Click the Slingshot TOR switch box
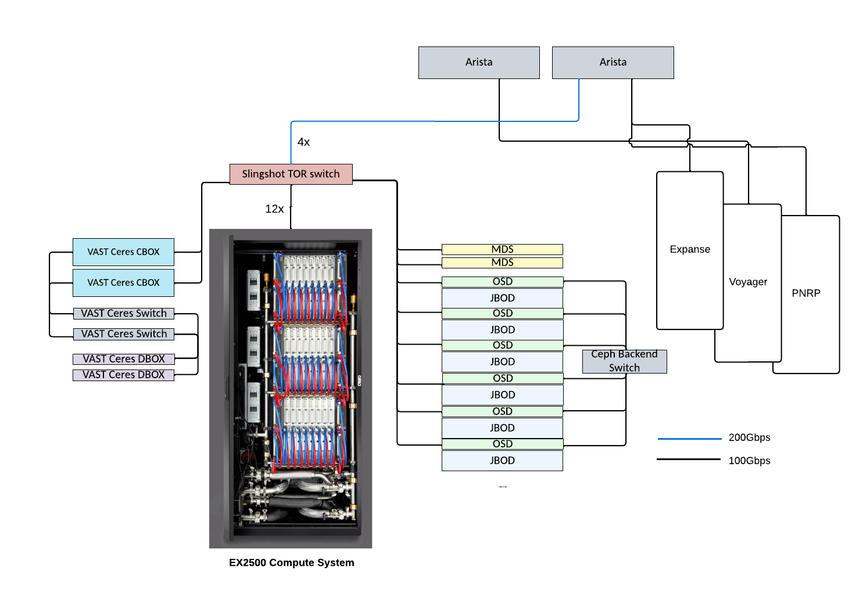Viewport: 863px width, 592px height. coord(291,174)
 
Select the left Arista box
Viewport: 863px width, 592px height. coord(479,62)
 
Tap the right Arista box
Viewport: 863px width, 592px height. coord(613,62)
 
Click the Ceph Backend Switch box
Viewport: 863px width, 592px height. coord(624,361)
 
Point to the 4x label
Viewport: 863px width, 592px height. coord(303,142)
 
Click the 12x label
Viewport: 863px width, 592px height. coord(274,209)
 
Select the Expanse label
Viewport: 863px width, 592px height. coord(690,249)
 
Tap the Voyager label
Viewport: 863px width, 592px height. coord(748,282)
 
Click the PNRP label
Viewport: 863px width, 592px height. coord(806,293)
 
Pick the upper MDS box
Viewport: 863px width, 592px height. coord(502,249)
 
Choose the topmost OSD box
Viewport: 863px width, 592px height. coord(502,282)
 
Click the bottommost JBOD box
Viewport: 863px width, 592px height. coord(502,461)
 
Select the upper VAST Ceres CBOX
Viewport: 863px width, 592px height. coord(123,252)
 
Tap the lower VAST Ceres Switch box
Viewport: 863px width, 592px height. coord(123,334)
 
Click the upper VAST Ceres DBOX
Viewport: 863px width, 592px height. coord(123,359)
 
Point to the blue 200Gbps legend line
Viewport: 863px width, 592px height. coord(689,439)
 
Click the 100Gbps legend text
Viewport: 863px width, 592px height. coord(749,461)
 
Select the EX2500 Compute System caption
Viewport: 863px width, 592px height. coord(291,562)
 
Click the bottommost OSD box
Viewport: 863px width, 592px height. coord(502,444)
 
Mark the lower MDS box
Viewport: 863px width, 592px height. coord(502,263)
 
